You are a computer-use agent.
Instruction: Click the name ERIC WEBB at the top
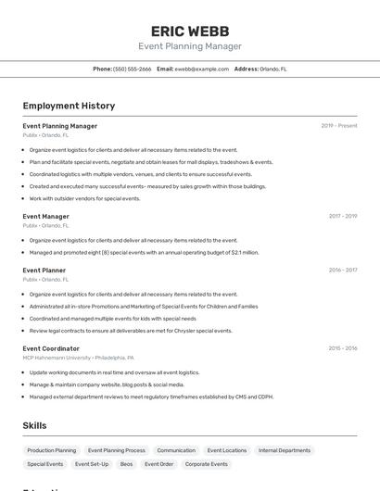point(189,31)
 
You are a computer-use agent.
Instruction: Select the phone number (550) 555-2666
point(132,69)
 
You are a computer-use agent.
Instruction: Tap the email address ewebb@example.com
point(202,69)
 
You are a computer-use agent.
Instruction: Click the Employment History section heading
point(69,106)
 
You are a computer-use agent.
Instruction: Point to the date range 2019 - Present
point(339,126)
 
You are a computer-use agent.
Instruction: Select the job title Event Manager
point(46,216)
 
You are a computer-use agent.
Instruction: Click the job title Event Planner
point(44,271)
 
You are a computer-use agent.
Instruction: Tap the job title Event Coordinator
point(51,348)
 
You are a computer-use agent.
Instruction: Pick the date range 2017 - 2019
point(343,216)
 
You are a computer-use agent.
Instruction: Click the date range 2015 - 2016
point(343,348)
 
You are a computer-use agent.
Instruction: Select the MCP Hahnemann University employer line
point(79,358)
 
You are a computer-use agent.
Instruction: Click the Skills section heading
point(34,425)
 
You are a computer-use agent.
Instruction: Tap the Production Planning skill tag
point(52,450)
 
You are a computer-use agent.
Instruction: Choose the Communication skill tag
point(176,450)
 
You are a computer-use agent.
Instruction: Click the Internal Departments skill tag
point(285,450)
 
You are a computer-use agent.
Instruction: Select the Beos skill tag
point(127,464)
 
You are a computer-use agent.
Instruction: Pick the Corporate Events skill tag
point(206,464)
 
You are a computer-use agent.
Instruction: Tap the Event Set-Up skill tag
point(92,464)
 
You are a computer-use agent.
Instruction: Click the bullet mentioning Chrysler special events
point(131,331)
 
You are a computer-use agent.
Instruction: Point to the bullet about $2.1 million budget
point(144,252)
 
